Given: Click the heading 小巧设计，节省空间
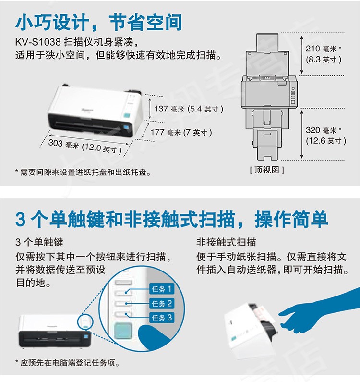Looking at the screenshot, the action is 98,22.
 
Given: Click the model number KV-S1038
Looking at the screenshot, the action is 38,42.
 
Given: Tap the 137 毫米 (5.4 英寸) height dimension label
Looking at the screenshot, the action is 189,109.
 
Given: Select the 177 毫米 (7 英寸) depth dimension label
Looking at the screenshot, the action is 181,132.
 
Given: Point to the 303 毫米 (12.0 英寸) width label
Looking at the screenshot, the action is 85,146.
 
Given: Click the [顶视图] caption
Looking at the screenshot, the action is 267,170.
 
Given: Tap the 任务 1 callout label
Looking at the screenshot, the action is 162,289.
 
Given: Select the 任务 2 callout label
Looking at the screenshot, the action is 162,303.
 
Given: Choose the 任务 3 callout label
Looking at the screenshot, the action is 162,318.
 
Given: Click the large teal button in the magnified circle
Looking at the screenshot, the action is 123,331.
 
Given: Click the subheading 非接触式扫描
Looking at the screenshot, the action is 227,242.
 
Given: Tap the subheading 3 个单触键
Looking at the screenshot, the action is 39,242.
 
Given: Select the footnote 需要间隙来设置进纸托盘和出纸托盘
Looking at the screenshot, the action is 83,172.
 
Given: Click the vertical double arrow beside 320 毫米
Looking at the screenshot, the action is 301,134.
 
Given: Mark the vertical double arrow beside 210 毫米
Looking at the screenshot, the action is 301,55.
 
